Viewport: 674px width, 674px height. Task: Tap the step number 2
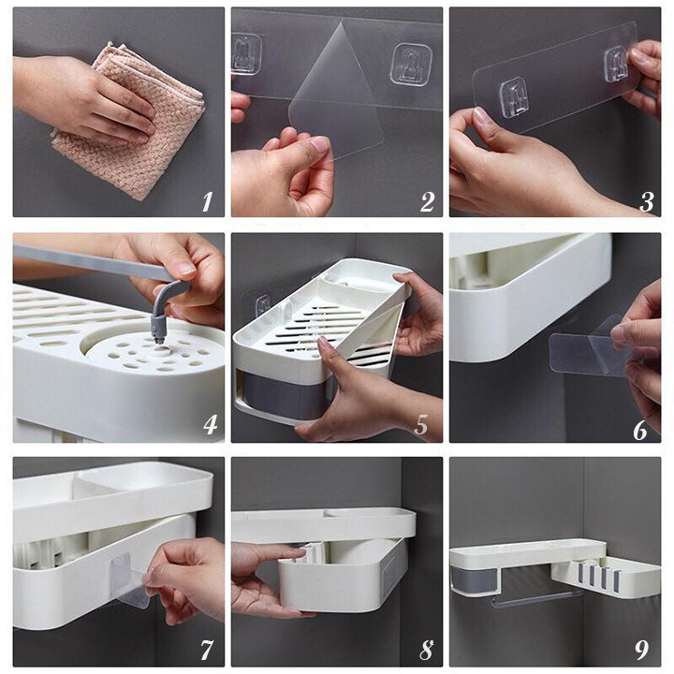tap(427, 201)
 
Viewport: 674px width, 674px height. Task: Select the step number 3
tap(646, 201)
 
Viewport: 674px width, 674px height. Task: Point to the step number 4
tap(210, 425)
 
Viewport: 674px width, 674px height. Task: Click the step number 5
tap(421, 425)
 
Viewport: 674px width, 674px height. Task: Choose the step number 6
tap(639, 430)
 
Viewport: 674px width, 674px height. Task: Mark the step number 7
tap(207, 650)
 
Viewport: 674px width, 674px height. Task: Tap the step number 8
tap(426, 650)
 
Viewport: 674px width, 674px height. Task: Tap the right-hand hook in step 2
tap(411, 65)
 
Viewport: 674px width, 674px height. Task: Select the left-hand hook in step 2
tap(246, 54)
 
